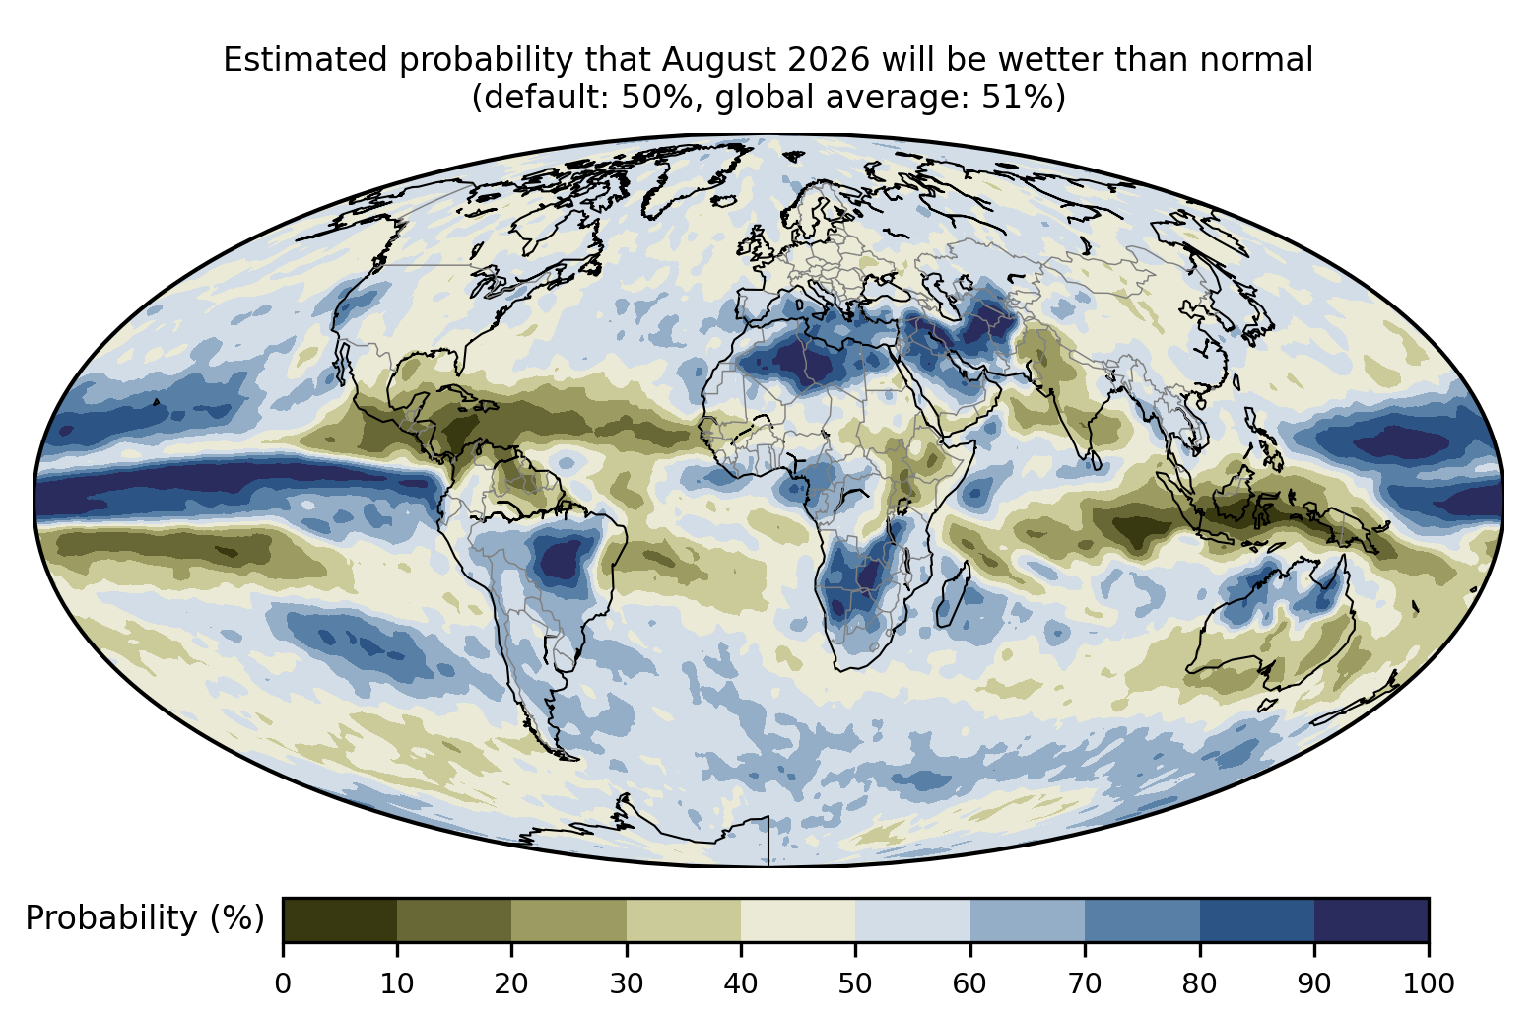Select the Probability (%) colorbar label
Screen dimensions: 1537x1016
pos(145,918)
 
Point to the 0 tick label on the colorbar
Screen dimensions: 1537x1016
pos(283,983)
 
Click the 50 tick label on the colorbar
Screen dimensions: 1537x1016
pos(855,983)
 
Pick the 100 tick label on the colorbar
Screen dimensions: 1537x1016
pos(1429,983)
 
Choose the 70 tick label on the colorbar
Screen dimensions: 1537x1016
pos(1084,983)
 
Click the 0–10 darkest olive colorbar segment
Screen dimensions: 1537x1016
pos(340,919)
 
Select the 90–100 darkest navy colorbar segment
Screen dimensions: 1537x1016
pos(1371,919)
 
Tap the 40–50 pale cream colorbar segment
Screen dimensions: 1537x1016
pos(798,919)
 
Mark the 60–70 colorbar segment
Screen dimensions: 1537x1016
pos(1028,919)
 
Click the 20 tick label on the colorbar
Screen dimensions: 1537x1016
pos(511,983)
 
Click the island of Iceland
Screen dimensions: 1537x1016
pos(724,201)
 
